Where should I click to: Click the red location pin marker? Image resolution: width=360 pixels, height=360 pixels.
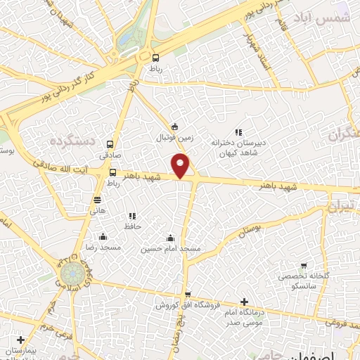click(x=181, y=166)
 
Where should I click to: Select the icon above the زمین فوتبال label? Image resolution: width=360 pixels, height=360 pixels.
click(x=174, y=127)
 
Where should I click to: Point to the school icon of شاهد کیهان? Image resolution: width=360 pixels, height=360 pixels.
click(x=238, y=131)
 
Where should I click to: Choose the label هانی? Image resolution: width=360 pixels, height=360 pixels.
click(x=97, y=209)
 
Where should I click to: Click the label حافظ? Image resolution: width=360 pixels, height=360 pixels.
click(x=134, y=226)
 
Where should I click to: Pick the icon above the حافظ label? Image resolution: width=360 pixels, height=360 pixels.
click(x=131, y=216)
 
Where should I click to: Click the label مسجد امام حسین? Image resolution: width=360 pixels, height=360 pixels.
click(x=171, y=248)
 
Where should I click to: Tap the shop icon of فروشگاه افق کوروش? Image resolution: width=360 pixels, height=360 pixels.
click(x=187, y=295)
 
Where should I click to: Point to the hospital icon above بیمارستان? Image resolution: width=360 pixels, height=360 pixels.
click(x=21, y=340)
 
